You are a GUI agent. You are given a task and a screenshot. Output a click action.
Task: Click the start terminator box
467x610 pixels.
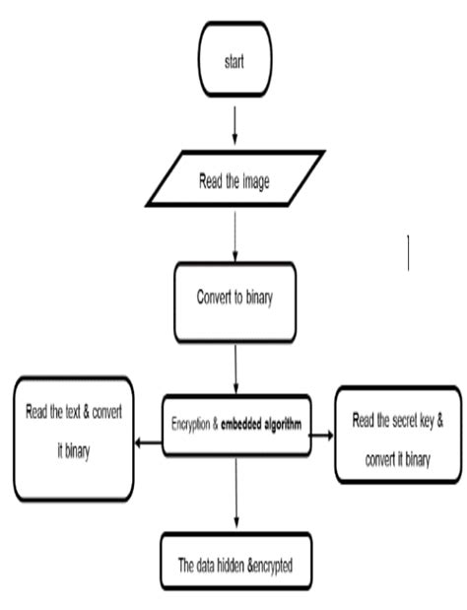coord(233,61)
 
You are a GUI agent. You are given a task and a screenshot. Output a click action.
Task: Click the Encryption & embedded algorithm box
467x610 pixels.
coord(234,425)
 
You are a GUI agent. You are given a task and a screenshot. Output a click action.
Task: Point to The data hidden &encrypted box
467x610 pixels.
coord(234,565)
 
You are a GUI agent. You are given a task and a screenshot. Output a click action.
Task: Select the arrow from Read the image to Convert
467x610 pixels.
coord(234,237)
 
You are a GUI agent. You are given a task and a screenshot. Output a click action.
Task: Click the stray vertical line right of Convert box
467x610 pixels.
coord(408,252)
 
